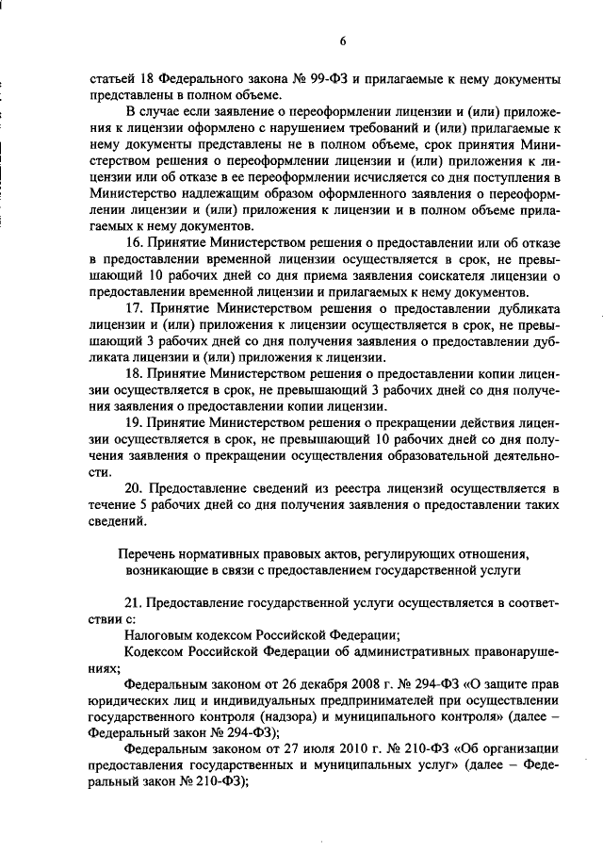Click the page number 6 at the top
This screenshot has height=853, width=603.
[x=344, y=41]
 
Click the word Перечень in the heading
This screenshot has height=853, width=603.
[x=149, y=553]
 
